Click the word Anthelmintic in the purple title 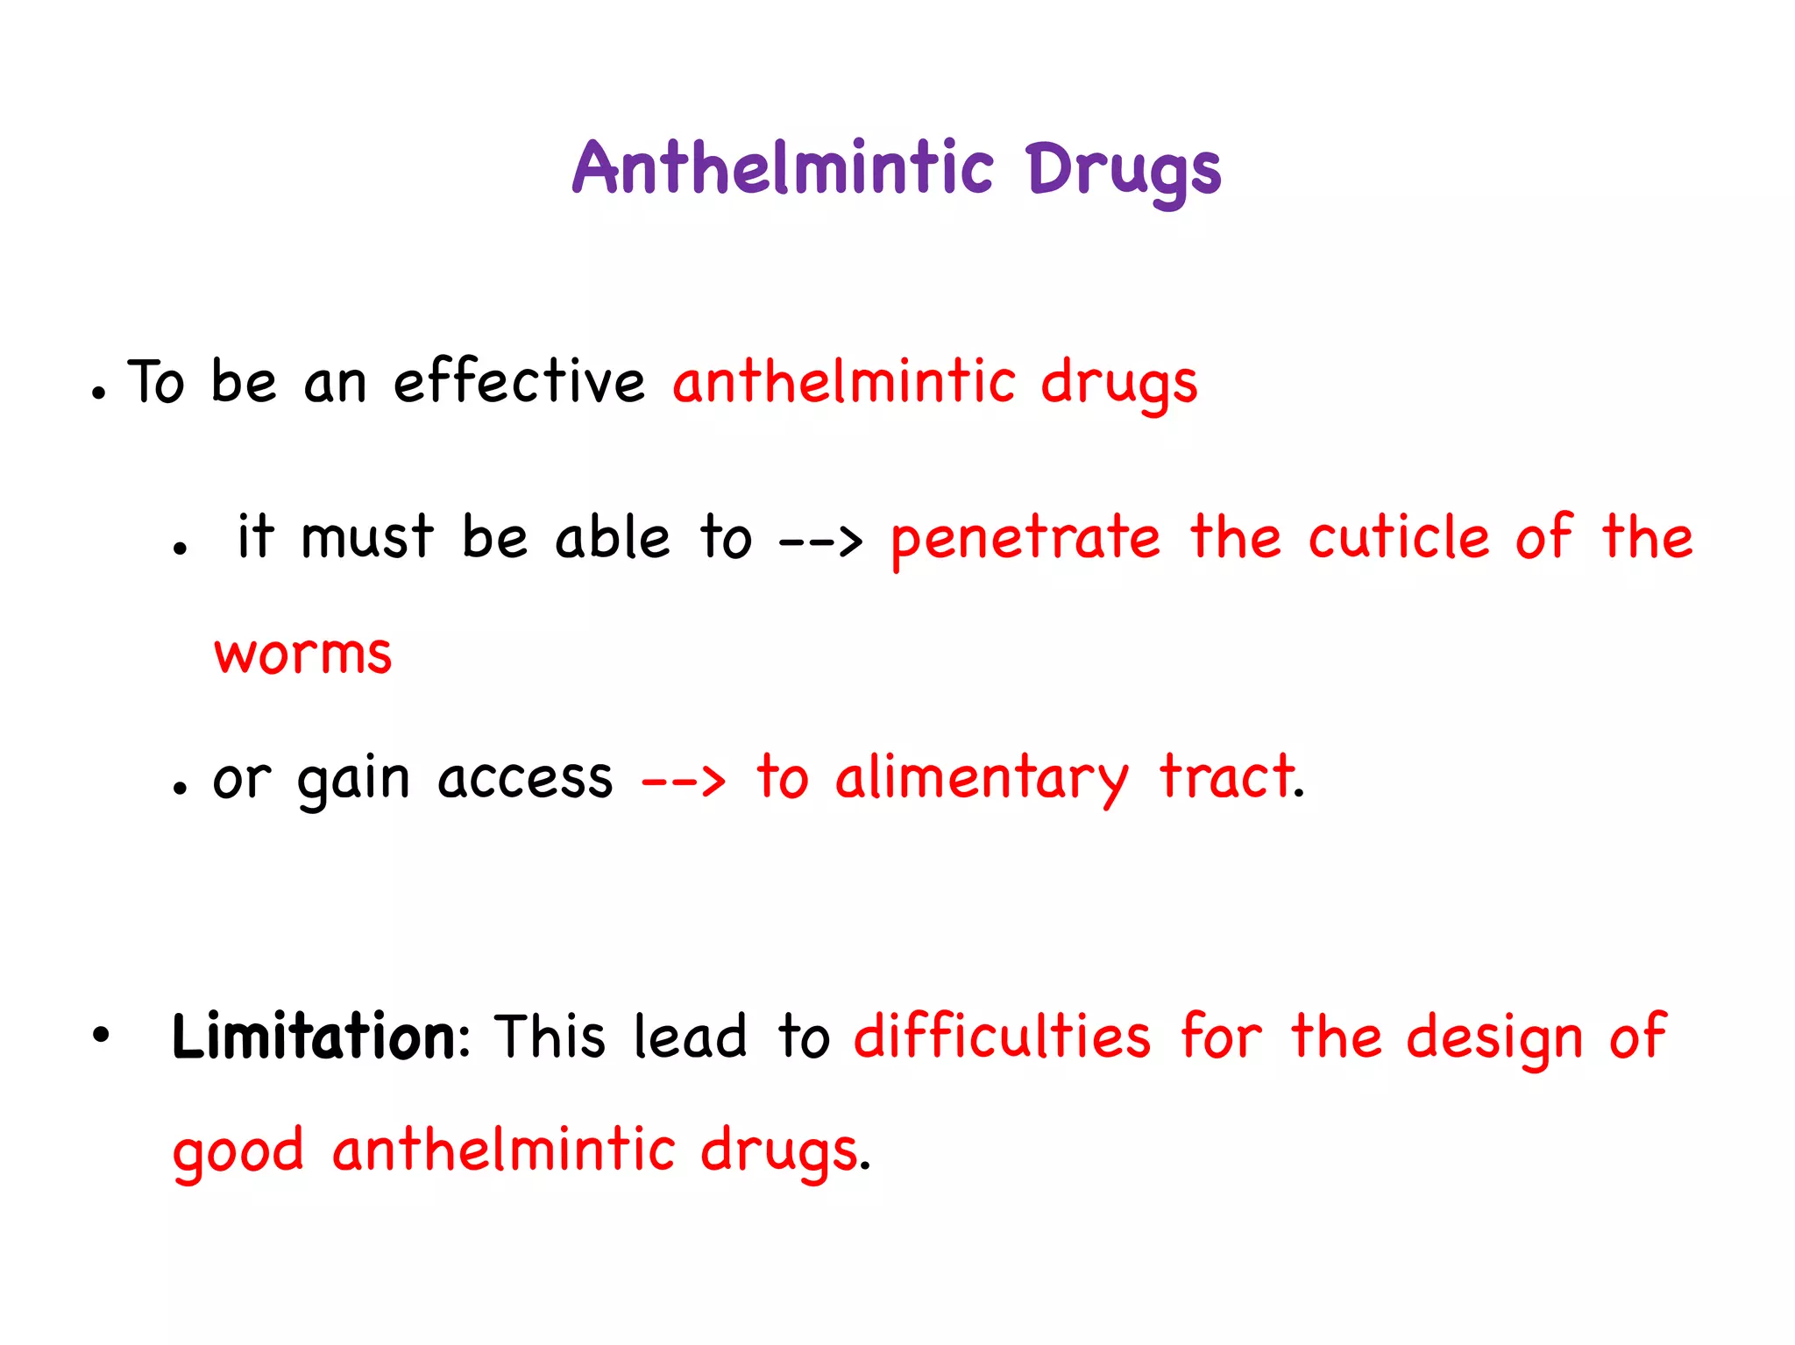(x=783, y=167)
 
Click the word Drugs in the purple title (x=1124, y=171)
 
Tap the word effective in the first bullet (x=519, y=382)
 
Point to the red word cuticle (x=1399, y=537)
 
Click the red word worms (x=303, y=654)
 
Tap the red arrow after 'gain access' (x=684, y=778)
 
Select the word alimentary (x=982, y=779)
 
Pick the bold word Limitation (x=314, y=1037)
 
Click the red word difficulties (x=1002, y=1037)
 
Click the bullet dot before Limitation (x=102, y=1035)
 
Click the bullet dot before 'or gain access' (x=180, y=788)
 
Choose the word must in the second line (x=366, y=538)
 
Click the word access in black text (x=525, y=779)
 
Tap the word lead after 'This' (x=690, y=1037)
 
